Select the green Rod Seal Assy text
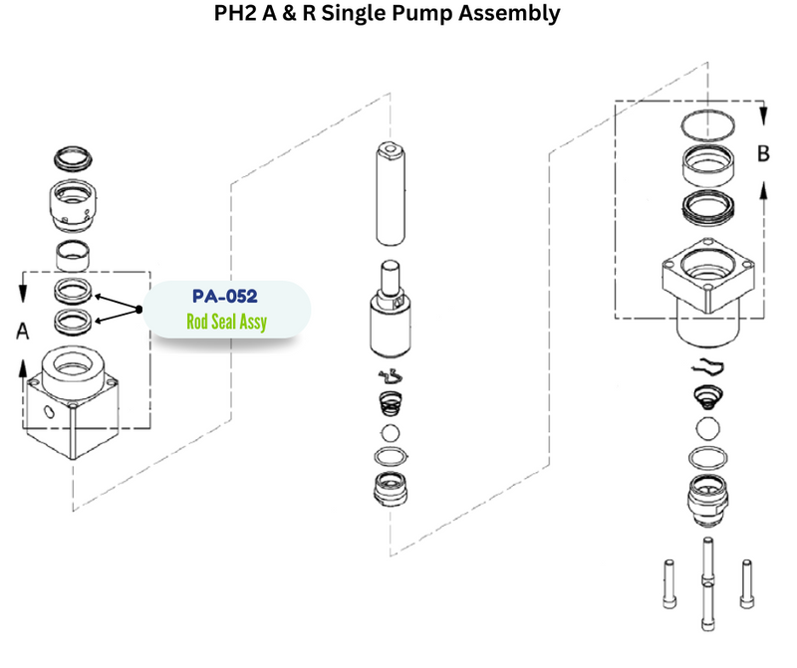[x=226, y=322]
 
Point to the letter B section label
[x=764, y=155]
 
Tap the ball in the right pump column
[x=708, y=430]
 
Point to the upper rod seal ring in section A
[x=73, y=291]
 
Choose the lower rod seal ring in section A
[x=73, y=320]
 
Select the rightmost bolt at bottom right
[x=746, y=586]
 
